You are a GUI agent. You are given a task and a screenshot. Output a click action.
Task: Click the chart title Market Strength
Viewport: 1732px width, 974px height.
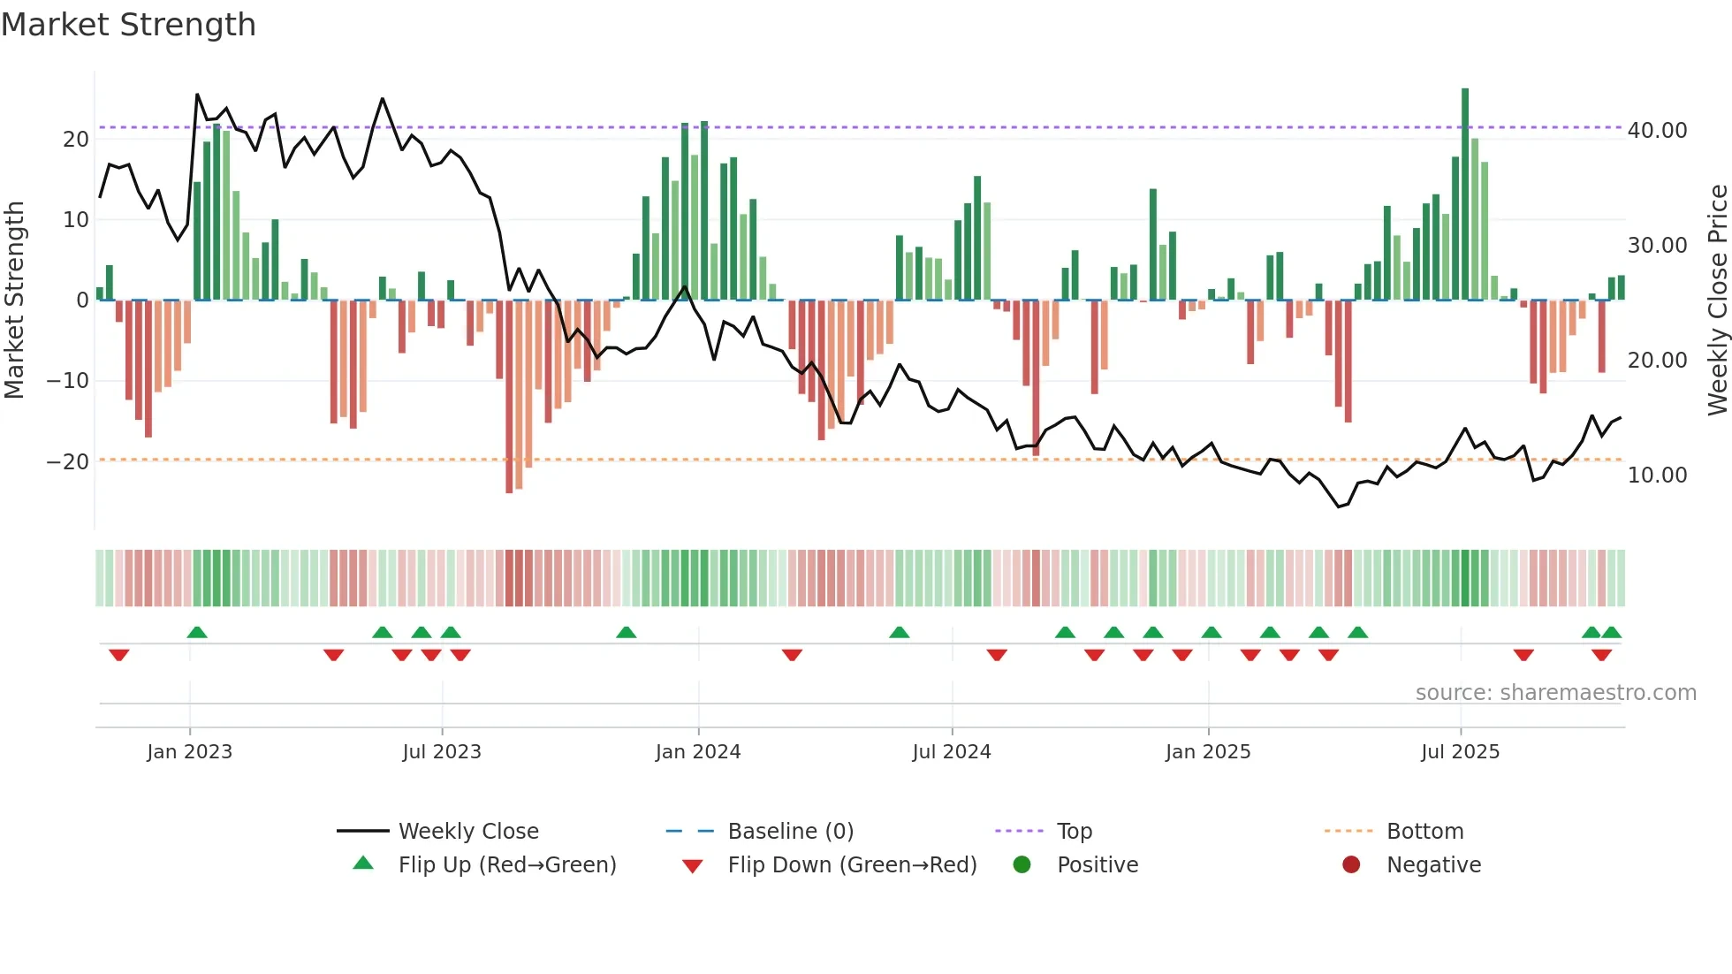pyautogui.click(x=128, y=25)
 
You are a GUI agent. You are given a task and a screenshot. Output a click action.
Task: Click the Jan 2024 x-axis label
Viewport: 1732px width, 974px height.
pyautogui.click(x=697, y=752)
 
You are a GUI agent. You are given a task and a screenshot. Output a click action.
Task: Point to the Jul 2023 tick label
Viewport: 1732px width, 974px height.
pyautogui.click(x=441, y=752)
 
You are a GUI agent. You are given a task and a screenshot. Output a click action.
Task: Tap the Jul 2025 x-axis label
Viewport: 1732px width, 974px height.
pyautogui.click(x=1460, y=752)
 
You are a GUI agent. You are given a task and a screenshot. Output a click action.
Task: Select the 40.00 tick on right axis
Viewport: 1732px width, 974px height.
pyautogui.click(x=1657, y=131)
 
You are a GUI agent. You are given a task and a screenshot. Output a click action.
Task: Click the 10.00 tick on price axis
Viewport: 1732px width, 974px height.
pyautogui.click(x=1657, y=476)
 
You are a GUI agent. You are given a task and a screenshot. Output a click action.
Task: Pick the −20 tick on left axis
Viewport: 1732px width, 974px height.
pyautogui.click(x=68, y=462)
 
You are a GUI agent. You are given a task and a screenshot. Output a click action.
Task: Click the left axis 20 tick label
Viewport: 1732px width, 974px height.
pyautogui.click(x=76, y=140)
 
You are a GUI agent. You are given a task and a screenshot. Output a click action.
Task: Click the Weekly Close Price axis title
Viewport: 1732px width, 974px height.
pyautogui.click(x=1717, y=301)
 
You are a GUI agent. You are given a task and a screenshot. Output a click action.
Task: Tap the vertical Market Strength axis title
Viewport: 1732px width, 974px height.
pyautogui.click(x=15, y=301)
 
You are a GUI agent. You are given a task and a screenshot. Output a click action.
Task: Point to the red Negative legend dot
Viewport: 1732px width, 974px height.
pyautogui.click(x=1351, y=865)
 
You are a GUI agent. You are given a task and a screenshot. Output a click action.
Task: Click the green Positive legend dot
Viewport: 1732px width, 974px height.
pyautogui.click(x=1022, y=865)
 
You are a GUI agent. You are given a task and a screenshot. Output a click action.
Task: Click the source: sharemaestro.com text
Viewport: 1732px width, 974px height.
pyautogui.click(x=1555, y=693)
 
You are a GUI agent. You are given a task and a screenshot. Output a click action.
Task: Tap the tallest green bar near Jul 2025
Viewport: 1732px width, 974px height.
pyautogui.click(x=1465, y=194)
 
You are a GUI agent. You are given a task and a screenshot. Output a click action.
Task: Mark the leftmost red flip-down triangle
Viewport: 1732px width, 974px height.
pyautogui.click(x=119, y=655)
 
